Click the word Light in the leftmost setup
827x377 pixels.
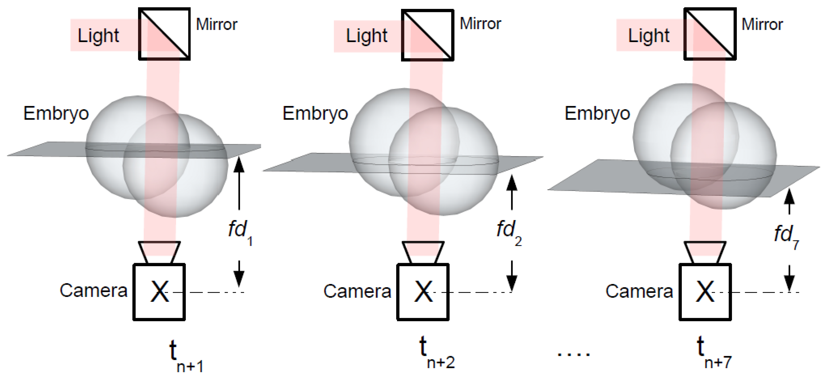coord(98,36)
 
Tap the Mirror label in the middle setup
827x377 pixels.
coord(480,24)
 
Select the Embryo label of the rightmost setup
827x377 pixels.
coord(597,114)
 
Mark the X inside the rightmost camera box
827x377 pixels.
coord(705,291)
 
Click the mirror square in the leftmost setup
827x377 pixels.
coord(164,34)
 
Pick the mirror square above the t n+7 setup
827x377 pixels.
coord(710,34)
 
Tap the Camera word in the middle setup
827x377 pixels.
coord(357,291)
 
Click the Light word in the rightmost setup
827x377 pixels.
coord(648,36)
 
